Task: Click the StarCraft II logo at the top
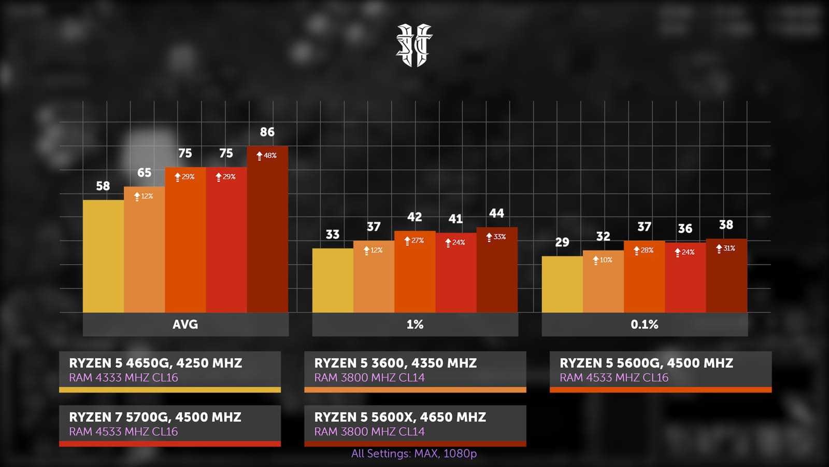coord(414,45)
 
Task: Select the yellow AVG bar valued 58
coord(103,256)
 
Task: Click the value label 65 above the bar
coord(144,173)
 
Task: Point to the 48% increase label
coord(267,155)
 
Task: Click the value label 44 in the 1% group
coord(496,213)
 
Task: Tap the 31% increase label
coord(726,249)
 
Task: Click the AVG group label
coord(185,324)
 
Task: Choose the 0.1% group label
coord(645,324)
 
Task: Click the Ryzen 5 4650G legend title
coord(155,363)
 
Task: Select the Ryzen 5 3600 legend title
coord(395,363)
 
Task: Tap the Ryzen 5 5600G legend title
coord(646,363)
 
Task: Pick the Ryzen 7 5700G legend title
coord(155,417)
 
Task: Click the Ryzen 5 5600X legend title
coord(400,417)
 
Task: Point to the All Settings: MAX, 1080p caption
coord(414,454)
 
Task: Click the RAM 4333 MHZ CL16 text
coord(123,378)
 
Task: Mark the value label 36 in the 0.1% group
coord(685,229)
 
